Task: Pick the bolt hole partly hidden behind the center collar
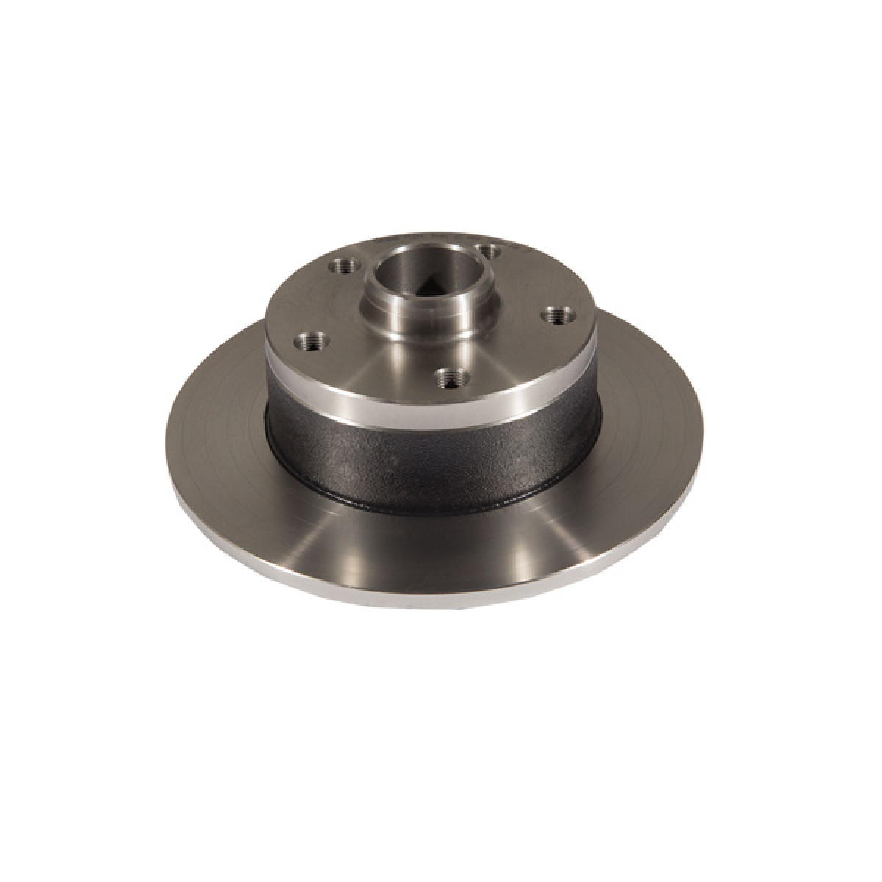485,251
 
